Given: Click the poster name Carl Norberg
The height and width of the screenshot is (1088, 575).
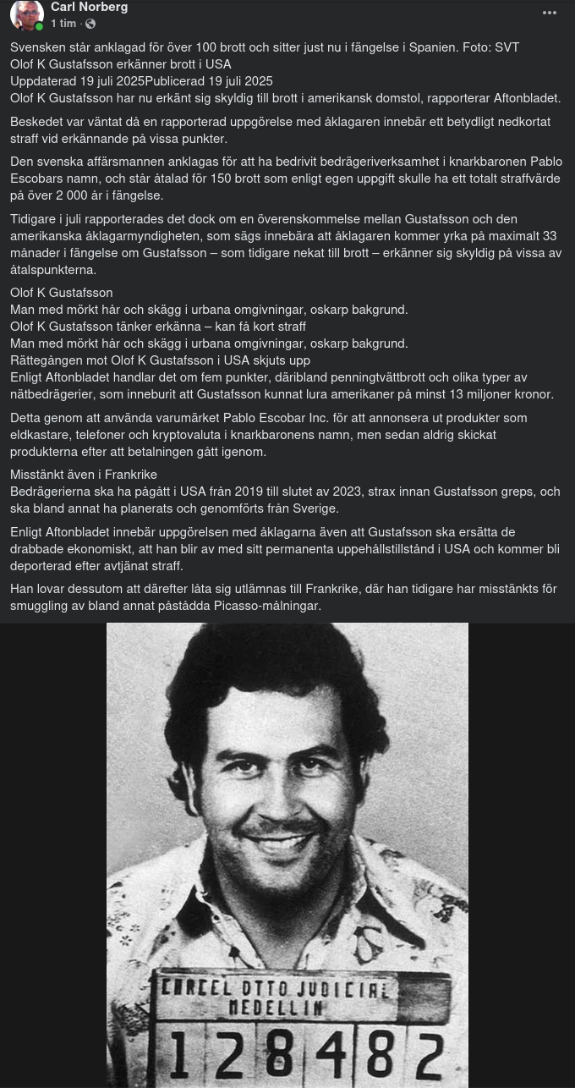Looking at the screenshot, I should point(89,8).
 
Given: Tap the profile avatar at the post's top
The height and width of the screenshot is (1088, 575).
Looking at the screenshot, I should point(26,15).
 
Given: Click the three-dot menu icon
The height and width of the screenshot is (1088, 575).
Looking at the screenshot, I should point(550,13).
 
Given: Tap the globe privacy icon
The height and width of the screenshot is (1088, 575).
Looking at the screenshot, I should point(90,25).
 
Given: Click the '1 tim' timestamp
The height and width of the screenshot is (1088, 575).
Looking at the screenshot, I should point(63,24).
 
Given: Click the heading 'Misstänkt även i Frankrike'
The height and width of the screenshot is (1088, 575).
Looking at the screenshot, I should point(84,475).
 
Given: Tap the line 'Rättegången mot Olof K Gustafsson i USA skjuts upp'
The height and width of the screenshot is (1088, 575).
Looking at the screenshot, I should point(160,360).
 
